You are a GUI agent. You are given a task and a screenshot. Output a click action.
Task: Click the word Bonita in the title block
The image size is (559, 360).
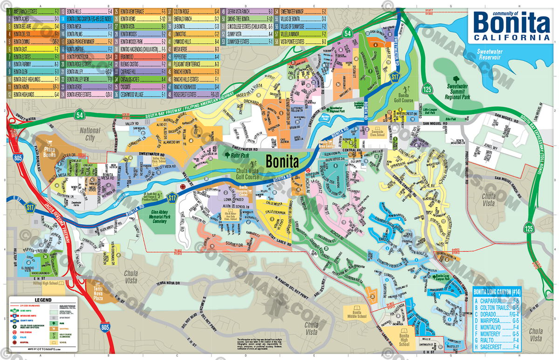511,22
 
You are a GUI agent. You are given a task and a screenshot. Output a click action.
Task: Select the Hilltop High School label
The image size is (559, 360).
39,283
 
